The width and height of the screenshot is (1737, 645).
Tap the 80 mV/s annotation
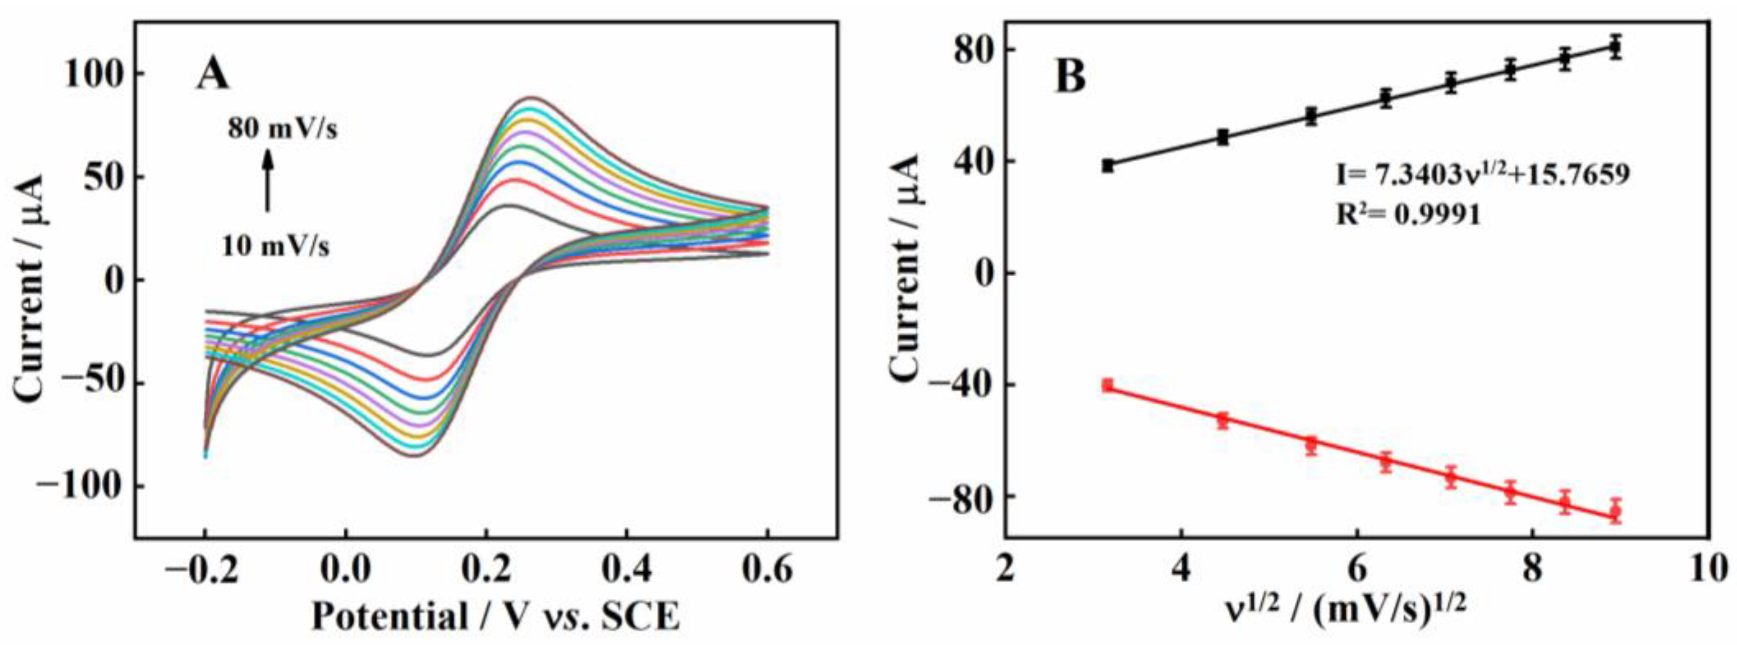click(x=282, y=129)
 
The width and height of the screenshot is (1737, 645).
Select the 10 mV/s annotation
click(x=276, y=247)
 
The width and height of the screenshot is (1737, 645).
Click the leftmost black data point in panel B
click(x=1108, y=166)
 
